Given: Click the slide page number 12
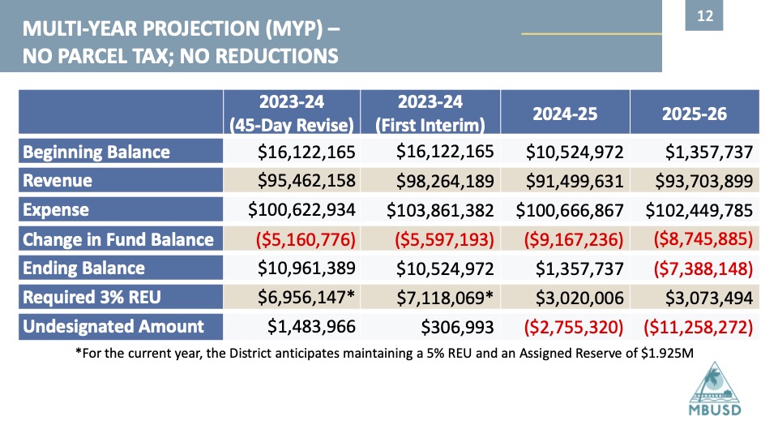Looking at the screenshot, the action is [704, 16].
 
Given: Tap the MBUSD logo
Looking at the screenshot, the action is [715, 389].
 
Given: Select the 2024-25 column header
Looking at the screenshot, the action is [565, 114].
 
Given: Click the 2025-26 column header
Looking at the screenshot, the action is [695, 114].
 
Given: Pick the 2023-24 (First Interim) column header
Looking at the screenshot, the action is [430, 113].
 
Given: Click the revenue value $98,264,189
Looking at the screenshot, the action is [445, 181].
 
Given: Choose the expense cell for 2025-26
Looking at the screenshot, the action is [699, 210].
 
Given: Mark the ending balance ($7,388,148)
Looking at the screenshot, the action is [703, 268].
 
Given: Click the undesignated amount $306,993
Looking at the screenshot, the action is [457, 327].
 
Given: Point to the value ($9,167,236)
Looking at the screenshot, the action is [574, 239].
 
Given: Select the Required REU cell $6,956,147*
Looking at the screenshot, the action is [306, 298].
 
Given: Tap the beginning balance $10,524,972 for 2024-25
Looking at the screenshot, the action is [575, 152].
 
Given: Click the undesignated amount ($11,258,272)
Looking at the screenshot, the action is [698, 327].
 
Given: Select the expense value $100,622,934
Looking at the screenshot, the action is [301, 210].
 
